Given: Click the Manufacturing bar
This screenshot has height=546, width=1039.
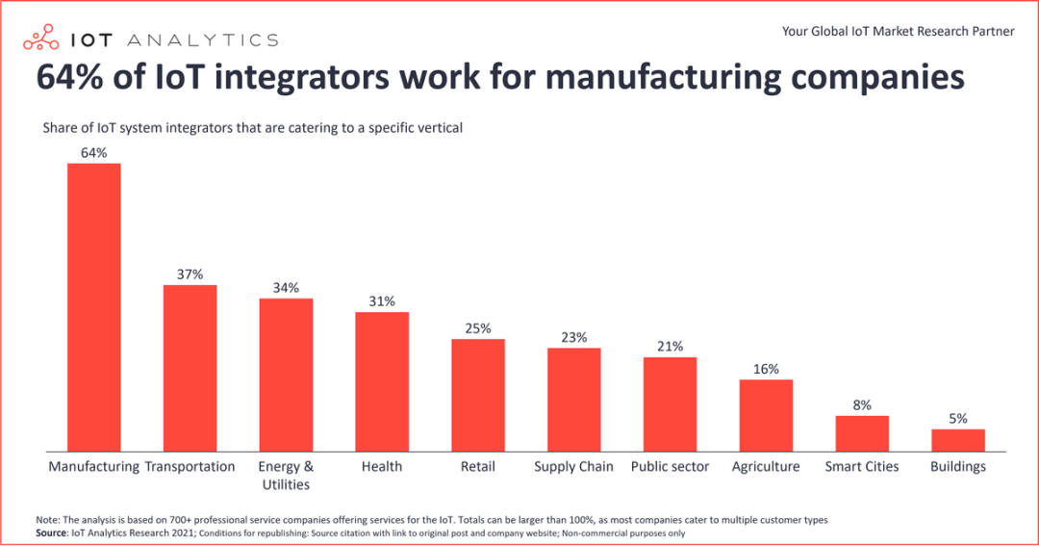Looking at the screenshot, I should point(93,306).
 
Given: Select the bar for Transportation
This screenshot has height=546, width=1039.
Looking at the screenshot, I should point(190,367).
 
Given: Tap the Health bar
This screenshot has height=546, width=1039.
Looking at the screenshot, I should point(382,380).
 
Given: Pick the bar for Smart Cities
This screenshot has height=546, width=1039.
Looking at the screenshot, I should point(862,432).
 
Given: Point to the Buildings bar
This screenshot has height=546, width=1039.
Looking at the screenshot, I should point(958,439).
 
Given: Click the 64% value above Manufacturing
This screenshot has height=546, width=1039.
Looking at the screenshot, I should point(94,153).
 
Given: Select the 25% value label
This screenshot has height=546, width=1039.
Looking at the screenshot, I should point(478,328).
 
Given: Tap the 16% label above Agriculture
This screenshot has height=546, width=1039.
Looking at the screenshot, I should point(766,369).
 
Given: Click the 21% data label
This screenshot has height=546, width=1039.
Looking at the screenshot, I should point(671,347).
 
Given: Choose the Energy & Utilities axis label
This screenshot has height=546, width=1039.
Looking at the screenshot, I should point(286,475).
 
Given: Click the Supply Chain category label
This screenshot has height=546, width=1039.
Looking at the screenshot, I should point(573,466).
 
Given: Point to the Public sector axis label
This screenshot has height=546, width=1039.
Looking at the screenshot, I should point(670,466).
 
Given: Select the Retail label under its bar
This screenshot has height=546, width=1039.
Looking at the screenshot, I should point(478,466).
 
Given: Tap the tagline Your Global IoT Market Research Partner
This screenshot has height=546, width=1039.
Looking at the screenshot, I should point(898,31).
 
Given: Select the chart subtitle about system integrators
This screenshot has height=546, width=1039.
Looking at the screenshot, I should point(253,127).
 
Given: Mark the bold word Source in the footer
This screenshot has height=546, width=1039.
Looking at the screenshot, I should point(52,533).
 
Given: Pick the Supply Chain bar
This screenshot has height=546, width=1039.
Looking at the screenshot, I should point(574,399).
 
